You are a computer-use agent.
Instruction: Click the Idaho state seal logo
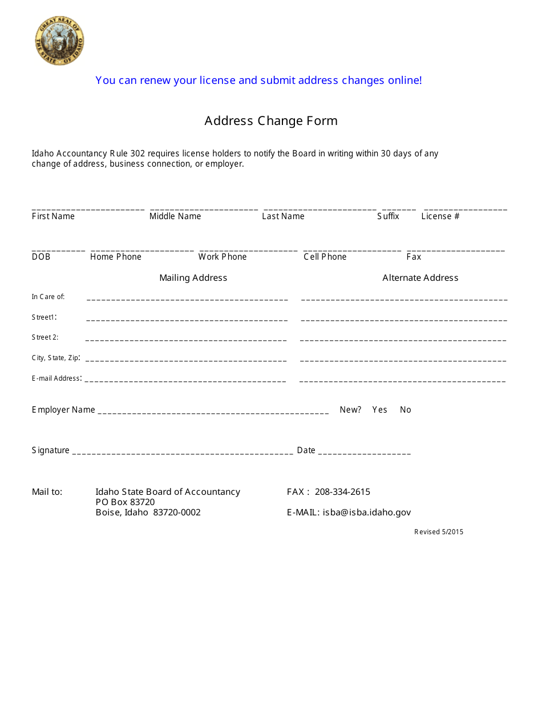click(x=59, y=41)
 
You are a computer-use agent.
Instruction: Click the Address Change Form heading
click(x=271, y=121)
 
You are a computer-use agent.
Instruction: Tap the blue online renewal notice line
click(x=258, y=80)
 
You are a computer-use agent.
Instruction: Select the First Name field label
click(x=53, y=216)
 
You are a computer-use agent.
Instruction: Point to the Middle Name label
click(x=175, y=216)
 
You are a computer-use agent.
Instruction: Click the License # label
click(x=440, y=216)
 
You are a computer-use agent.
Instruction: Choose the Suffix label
click(x=388, y=216)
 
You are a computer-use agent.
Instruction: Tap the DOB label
click(x=41, y=257)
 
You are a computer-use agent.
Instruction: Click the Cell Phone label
click(x=325, y=257)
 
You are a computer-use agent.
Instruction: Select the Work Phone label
click(x=223, y=257)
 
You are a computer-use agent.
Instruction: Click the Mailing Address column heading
click(x=193, y=278)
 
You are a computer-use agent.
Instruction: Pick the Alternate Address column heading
click(x=420, y=278)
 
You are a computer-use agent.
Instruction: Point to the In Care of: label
click(x=48, y=297)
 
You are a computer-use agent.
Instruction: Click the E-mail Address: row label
click(x=56, y=378)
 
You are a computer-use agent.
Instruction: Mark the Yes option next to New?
click(x=379, y=410)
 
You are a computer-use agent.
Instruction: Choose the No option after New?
click(x=405, y=410)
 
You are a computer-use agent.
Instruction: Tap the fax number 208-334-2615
click(x=342, y=492)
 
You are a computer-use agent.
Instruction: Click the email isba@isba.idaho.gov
click(x=366, y=513)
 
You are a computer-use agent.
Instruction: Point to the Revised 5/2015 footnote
click(x=438, y=532)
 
